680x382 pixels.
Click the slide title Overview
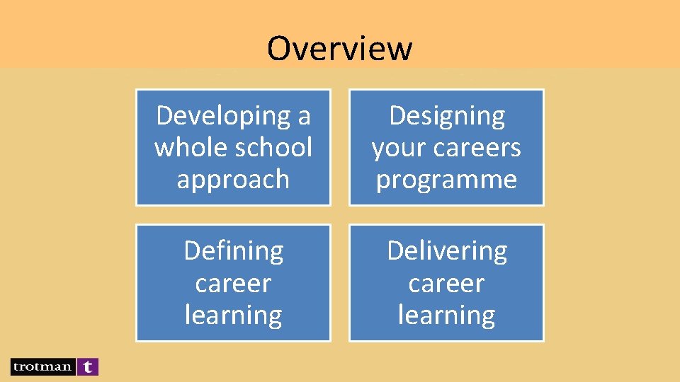point(339,48)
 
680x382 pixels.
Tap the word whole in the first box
point(185,147)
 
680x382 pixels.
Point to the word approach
point(233,179)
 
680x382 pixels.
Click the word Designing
point(447,115)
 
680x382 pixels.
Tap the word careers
point(474,147)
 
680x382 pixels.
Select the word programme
point(446,179)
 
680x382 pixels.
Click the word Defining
point(233,250)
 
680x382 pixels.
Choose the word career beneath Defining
point(233,283)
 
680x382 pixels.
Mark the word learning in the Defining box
point(233,315)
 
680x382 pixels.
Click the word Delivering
point(446,250)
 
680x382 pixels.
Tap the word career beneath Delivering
point(446,283)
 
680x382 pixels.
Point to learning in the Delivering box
point(446,315)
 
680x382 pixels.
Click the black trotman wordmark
point(42,366)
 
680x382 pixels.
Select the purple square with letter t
point(87,366)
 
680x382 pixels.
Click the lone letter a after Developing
point(304,115)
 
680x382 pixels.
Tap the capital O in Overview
point(280,48)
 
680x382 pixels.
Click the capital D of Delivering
point(395,250)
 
